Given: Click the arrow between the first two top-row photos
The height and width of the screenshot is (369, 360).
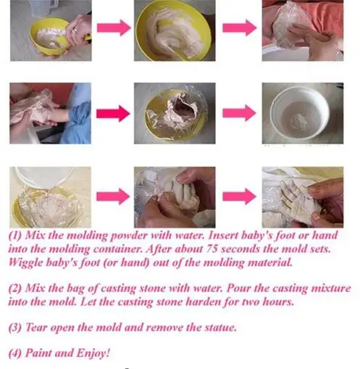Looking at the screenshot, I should pos(113,28).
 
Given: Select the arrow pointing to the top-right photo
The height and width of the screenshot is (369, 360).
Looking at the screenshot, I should pos(239,28).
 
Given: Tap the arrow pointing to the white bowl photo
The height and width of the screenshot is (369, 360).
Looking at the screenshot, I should pos(239,114).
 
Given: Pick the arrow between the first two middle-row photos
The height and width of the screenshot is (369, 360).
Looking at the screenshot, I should pos(113,114).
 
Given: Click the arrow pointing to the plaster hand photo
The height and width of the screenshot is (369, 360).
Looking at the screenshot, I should pos(239,196).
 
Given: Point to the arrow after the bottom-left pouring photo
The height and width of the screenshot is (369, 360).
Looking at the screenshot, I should pos(113,196).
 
